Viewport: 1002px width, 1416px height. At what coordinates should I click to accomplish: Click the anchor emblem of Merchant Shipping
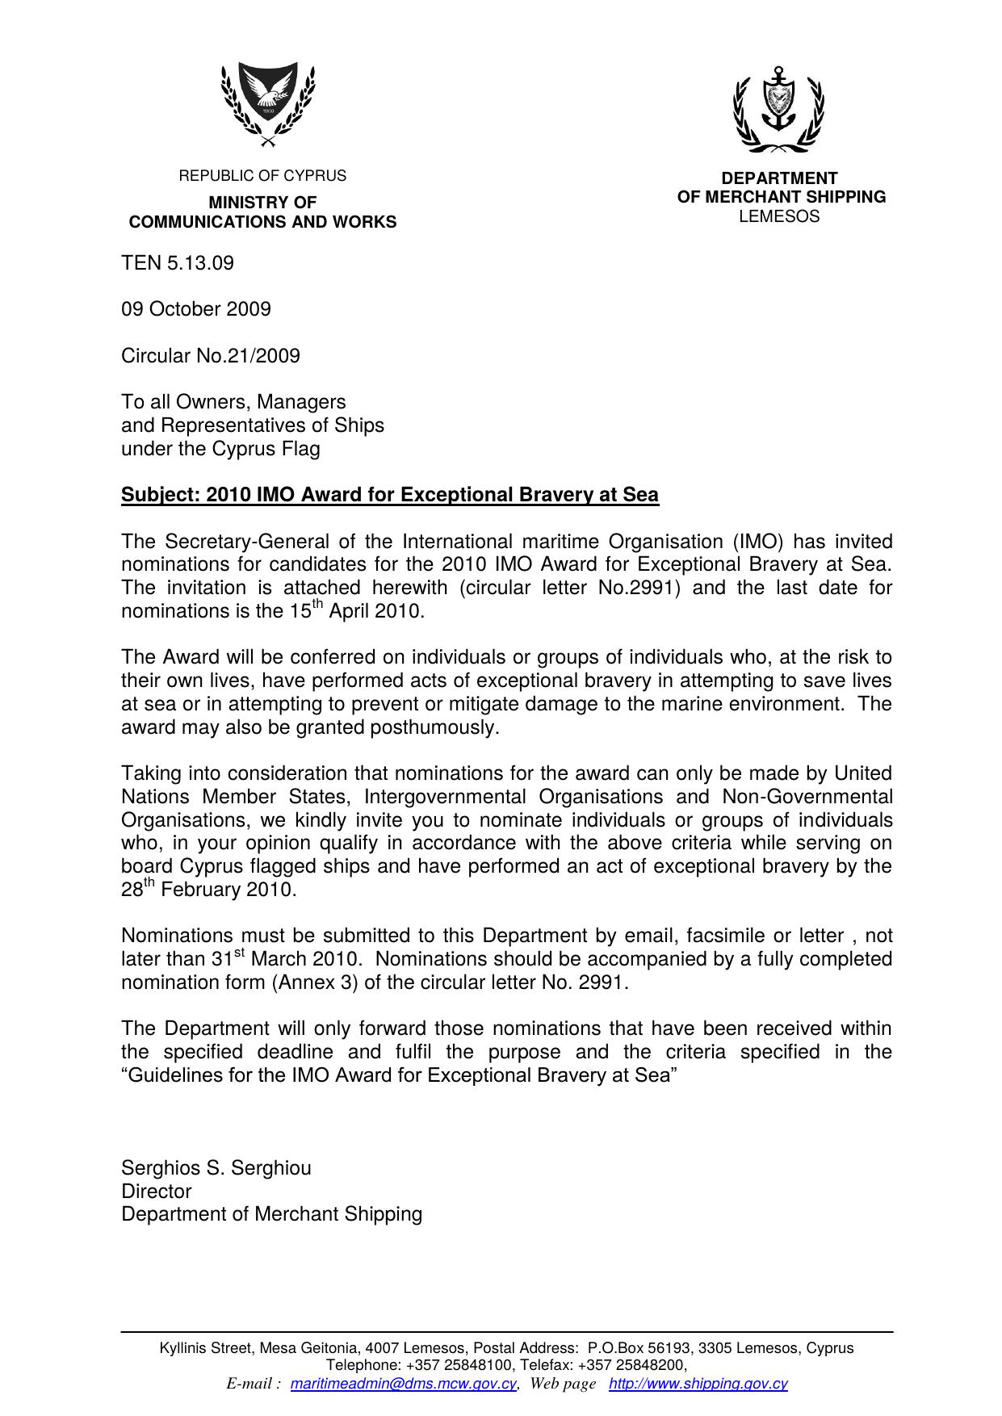click(778, 109)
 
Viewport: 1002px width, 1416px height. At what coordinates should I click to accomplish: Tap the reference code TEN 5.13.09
click(178, 263)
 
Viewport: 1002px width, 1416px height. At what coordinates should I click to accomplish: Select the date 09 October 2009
click(196, 309)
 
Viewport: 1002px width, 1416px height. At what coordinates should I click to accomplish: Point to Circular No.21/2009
click(211, 356)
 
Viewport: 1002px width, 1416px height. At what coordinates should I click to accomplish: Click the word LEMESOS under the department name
click(779, 216)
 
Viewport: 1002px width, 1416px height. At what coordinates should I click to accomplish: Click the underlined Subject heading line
click(390, 495)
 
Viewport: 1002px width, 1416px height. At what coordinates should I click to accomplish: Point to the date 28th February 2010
click(209, 890)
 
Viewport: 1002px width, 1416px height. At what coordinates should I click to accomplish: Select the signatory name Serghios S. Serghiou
click(216, 1168)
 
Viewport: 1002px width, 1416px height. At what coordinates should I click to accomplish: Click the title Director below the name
click(157, 1192)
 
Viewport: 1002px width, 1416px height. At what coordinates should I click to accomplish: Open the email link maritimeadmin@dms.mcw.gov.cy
click(403, 1384)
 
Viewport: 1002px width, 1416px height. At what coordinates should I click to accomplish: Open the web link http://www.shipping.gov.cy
click(698, 1384)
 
